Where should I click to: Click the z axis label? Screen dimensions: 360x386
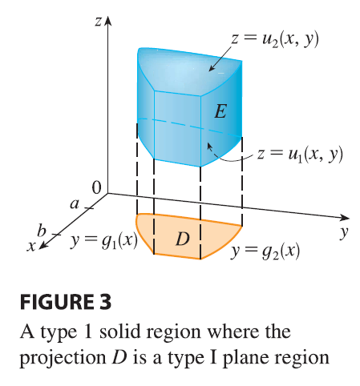coord(98,22)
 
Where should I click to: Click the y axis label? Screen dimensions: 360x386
coord(345,232)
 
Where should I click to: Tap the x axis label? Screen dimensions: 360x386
coord(31,246)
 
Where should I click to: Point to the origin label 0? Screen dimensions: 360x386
coord(96,187)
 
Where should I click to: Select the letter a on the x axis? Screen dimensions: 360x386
coord(75,204)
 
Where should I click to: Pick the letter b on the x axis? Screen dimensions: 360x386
coord(42,231)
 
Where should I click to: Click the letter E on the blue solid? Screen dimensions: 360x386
coord(220,111)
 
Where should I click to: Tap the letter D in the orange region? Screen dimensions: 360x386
coord(183,239)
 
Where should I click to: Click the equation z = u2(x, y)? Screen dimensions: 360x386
coord(275,40)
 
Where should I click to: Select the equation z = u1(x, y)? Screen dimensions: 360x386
coord(300,155)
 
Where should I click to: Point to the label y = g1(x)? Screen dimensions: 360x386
coord(104,242)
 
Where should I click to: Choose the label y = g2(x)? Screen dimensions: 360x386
coord(265,251)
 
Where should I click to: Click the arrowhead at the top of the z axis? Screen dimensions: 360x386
coord(107,20)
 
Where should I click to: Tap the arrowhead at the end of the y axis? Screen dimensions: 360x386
coord(345,217)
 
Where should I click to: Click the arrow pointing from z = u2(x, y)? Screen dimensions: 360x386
coord(220,58)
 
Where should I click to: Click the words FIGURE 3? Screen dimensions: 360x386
coord(66,302)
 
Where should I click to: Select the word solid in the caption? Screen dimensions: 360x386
coord(119,332)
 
